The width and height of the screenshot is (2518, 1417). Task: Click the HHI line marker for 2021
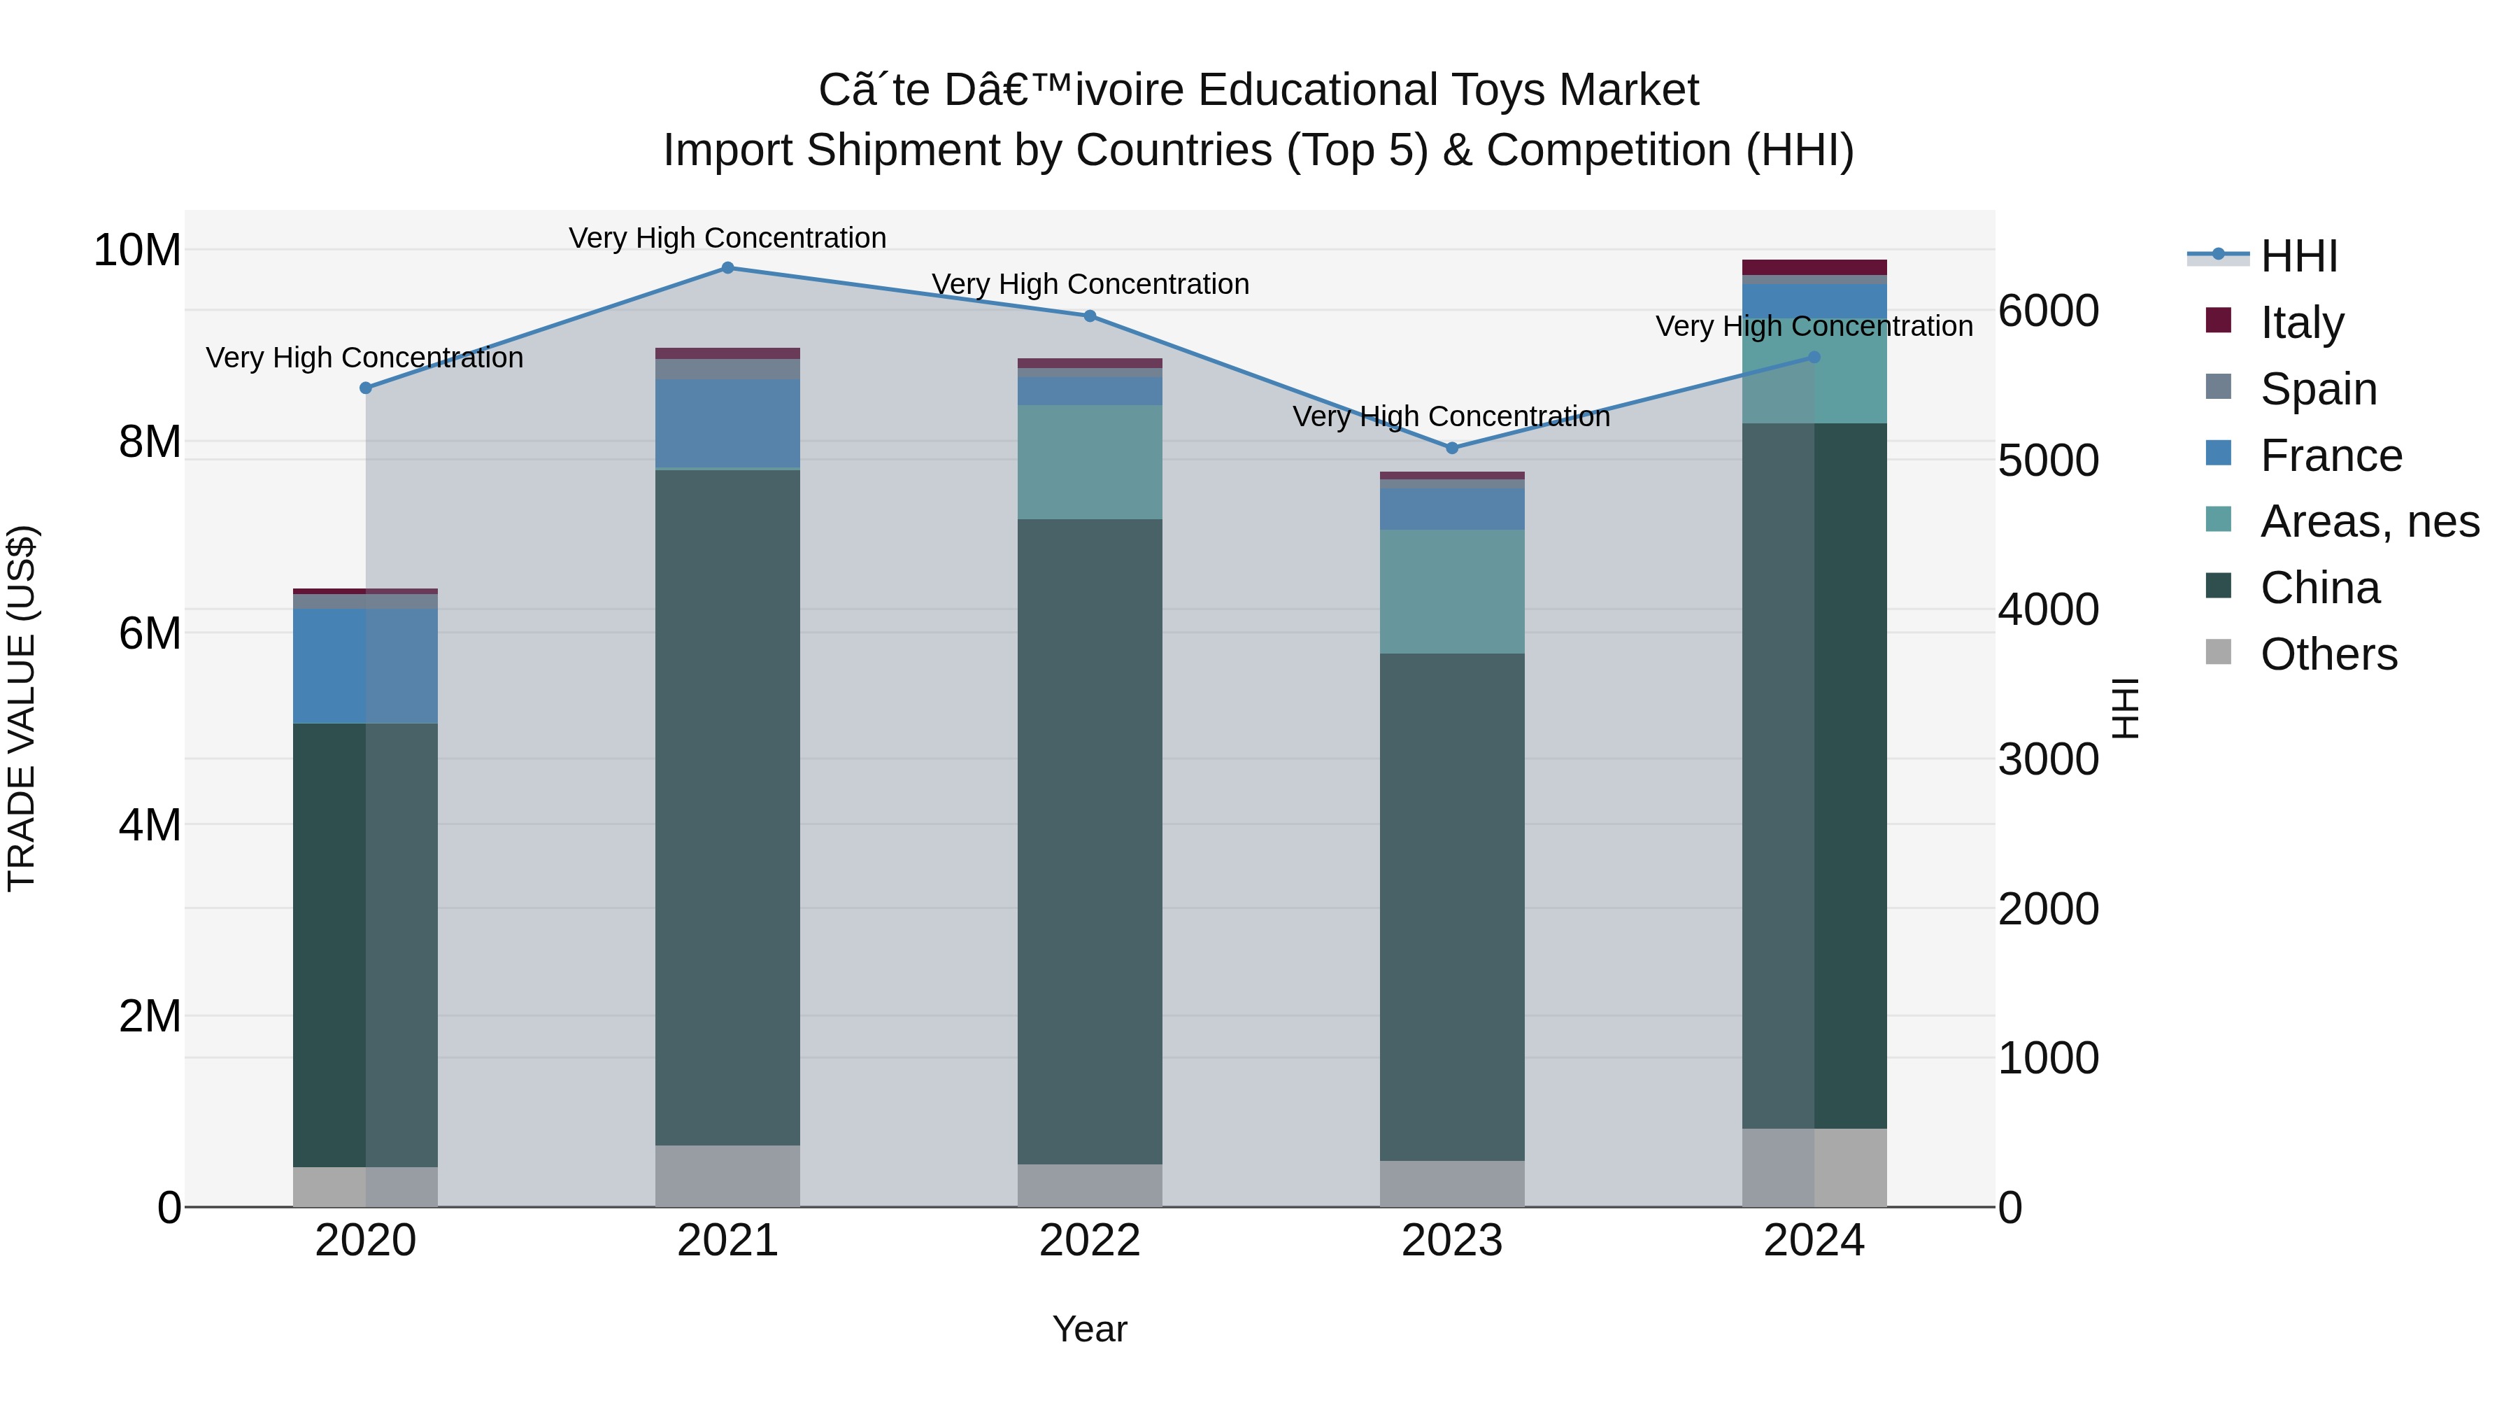point(727,268)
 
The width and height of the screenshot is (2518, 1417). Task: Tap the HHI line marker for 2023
point(1451,448)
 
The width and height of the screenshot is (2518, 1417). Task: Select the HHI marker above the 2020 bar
point(366,388)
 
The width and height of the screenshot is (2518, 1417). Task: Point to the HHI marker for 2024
point(1814,357)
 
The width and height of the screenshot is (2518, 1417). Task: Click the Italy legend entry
point(2301,322)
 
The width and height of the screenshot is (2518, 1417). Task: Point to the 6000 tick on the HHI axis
point(2048,311)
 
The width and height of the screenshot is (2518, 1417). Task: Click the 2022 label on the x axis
point(1090,1241)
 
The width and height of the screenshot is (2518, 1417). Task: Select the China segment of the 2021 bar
point(727,807)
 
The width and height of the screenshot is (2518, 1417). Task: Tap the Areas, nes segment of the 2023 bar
point(1451,591)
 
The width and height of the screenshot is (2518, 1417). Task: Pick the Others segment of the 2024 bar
point(1814,1168)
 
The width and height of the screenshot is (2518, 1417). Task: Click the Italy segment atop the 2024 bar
point(1814,267)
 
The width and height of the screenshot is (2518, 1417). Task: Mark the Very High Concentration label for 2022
point(1090,285)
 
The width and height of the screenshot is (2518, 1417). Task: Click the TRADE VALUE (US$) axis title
point(22,708)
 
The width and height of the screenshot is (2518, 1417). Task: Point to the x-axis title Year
point(1090,1330)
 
